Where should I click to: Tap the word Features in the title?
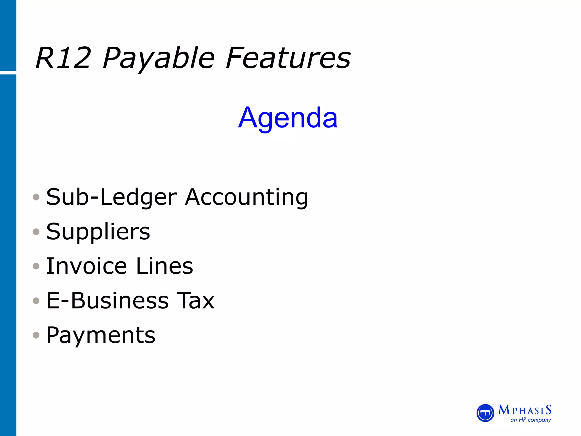288,58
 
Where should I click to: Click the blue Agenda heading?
288,118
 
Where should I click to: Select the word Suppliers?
98,232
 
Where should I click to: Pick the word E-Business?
108,301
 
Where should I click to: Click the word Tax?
195,301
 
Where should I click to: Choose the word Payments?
101,335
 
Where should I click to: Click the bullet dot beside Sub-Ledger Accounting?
36,197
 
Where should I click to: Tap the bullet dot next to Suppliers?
36,232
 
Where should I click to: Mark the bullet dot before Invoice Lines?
36,266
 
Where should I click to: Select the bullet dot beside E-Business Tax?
36,301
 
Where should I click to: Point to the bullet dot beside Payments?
36,336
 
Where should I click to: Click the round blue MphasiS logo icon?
485,413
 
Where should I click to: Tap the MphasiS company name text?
525,410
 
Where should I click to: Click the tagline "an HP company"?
531,420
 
